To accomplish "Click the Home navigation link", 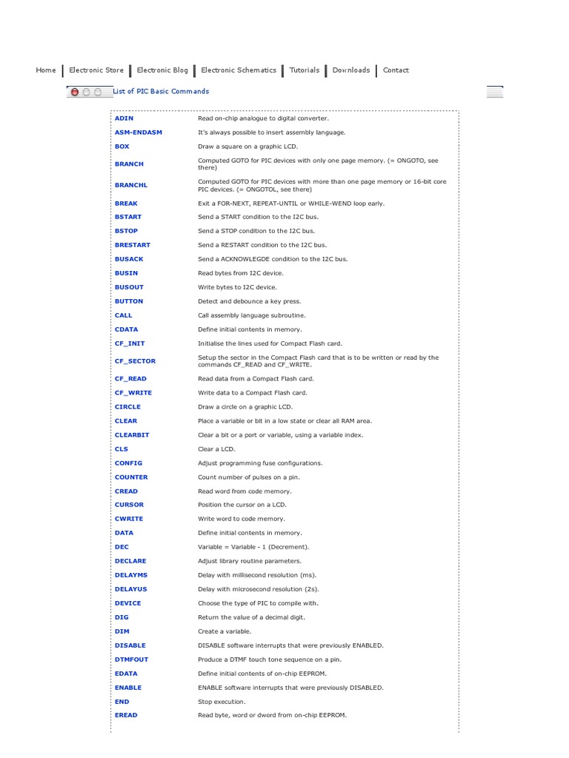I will point(46,70).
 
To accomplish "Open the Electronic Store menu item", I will point(96,70).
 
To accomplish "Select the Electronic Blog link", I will point(162,70).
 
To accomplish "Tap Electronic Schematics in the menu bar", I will point(239,70).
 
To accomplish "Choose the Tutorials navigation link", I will point(305,70).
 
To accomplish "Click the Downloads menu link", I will point(351,70).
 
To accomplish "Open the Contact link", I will point(396,70).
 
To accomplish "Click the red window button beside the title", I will point(74,92).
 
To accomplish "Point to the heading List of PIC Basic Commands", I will point(161,92).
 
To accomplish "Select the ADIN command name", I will point(124,118).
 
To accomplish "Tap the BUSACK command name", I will point(129,259).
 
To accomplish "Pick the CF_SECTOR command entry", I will point(135,361).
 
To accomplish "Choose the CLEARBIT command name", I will point(132,435).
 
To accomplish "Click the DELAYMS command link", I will point(131,575).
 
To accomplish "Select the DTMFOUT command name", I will point(131,660).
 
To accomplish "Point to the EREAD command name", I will point(126,716).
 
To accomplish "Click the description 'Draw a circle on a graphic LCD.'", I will point(245,407).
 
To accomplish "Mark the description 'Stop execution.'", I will point(222,702).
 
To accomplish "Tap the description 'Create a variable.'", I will point(224,631).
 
